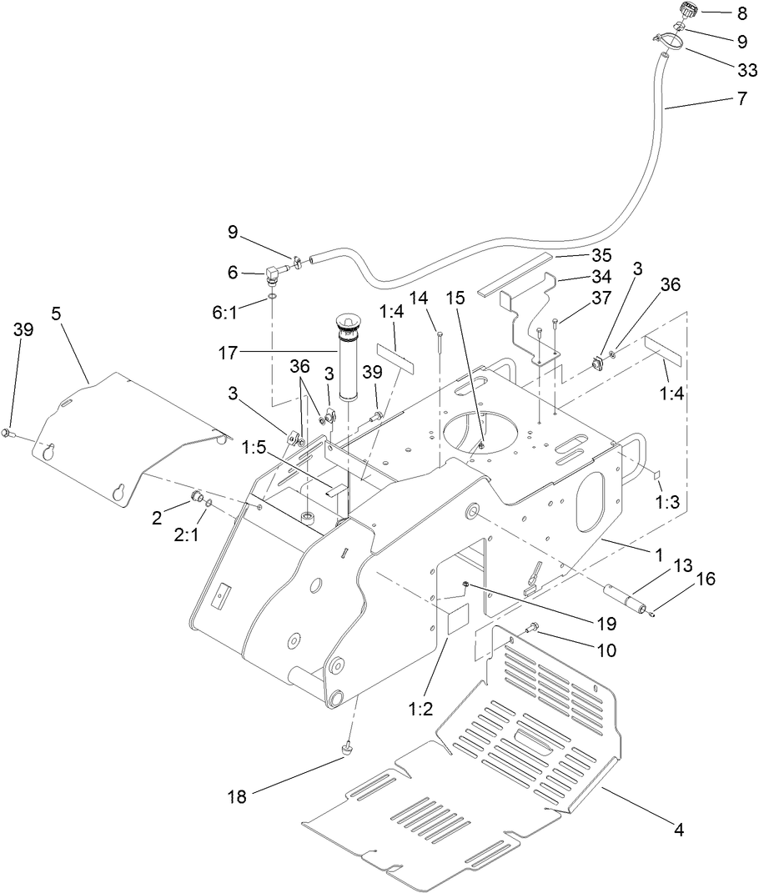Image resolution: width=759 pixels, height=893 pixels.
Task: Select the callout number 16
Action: point(706,579)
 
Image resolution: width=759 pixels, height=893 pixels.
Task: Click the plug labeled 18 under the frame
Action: point(346,752)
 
